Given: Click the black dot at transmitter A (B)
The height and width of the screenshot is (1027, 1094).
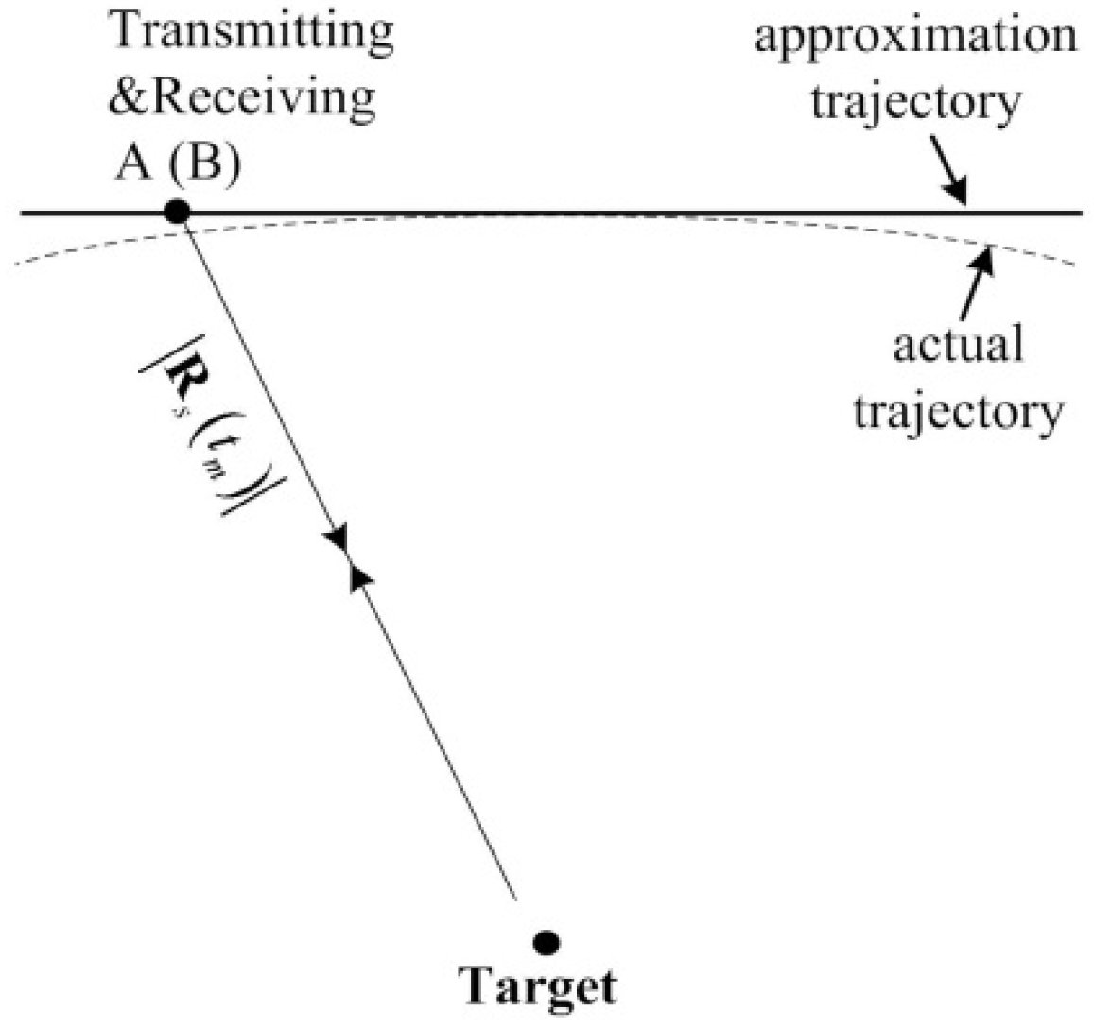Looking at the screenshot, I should pyautogui.click(x=177, y=212).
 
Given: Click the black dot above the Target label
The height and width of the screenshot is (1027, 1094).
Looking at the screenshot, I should pyautogui.click(x=546, y=942).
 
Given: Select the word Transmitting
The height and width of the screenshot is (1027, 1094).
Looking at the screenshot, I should pyautogui.click(x=252, y=36).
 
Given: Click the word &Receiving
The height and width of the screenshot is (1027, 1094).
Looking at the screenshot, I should pyautogui.click(x=241, y=98).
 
